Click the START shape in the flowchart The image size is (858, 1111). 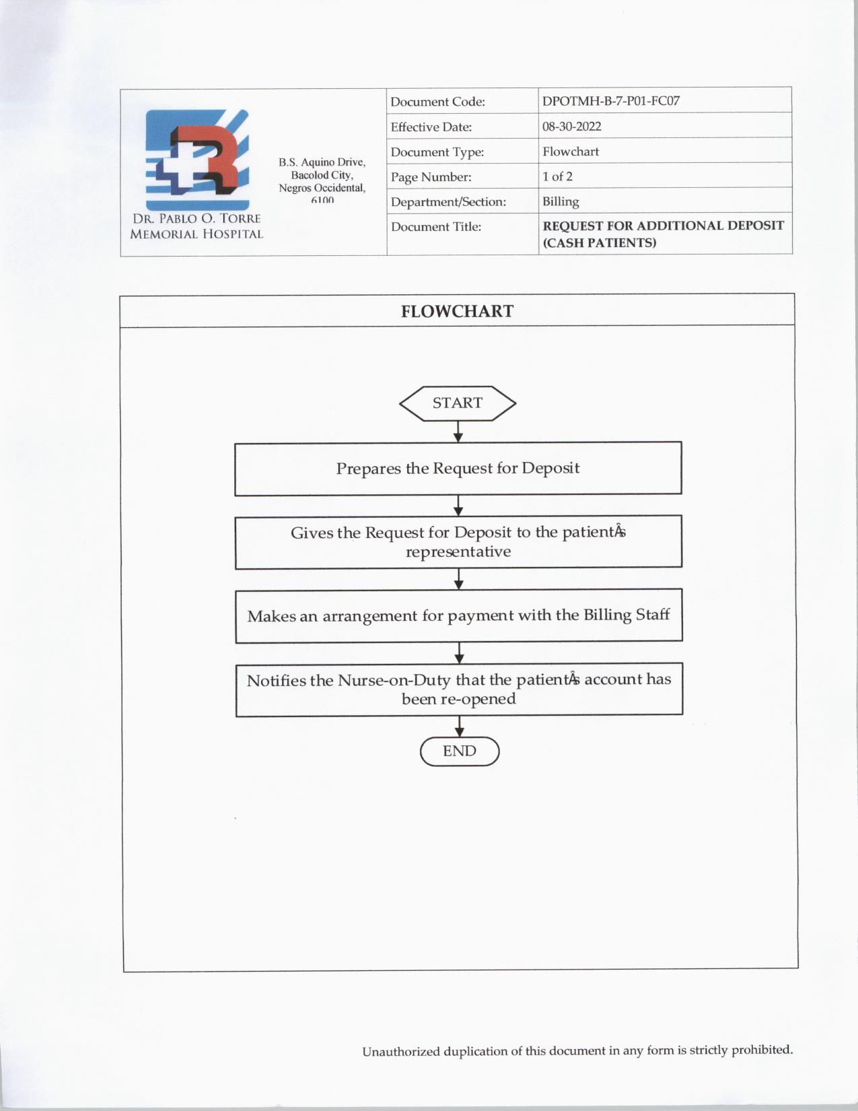[x=458, y=403]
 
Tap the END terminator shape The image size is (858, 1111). [x=460, y=751]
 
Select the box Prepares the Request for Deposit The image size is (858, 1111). [x=458, y=469]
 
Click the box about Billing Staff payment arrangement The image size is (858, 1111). [x=458, y=615]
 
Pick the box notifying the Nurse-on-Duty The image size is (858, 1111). [x=459, y=689]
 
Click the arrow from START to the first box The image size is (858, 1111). [x=458, y=432]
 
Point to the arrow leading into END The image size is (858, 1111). [x=460, y=727]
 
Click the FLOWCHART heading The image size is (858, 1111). [x=457, y=311]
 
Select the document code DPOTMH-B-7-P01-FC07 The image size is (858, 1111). [x=611, y=101]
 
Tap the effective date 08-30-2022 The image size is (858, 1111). [x=572, y=127]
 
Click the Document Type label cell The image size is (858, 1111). [x=437, y=152]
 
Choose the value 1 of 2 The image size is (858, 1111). [x=557, y=176]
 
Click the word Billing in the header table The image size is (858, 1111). [x=561, y=201]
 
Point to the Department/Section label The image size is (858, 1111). [x=448, y=202]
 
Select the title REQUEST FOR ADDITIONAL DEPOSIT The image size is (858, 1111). [x=663, y=226]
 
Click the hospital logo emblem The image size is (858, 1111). [x=197, y=160]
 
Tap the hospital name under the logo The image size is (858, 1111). [x=196, y=227]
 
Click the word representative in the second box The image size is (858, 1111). [x=458, y=552]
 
